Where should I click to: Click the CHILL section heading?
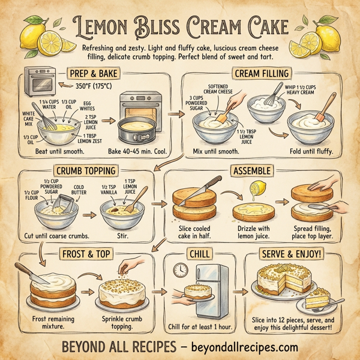[199, 253]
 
